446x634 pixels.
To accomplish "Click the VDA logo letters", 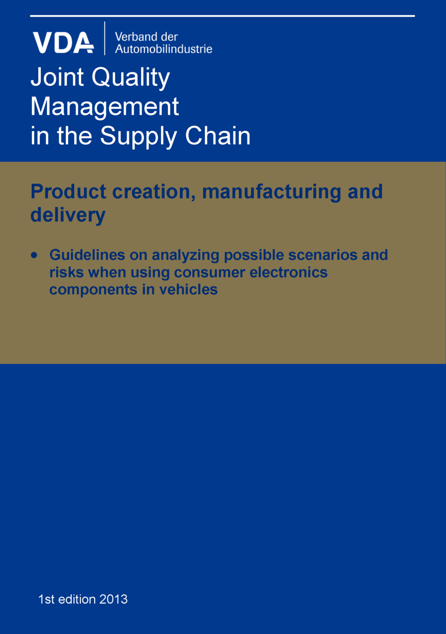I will [63, 42].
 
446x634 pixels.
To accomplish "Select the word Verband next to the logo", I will [135, 37].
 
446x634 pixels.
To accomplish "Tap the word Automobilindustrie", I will [164, 49].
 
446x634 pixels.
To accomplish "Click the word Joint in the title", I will [57, 77].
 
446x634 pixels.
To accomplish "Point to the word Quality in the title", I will [131, 78].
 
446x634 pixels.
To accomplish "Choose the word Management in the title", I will [105, 107].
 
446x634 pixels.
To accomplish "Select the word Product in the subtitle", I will [68, 192].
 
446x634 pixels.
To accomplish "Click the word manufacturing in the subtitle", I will [272, 192].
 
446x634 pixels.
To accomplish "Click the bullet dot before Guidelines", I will [34, 255].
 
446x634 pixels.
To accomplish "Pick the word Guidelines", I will [87, 255].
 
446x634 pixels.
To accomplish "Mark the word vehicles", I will [188, 289].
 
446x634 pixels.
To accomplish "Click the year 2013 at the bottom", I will [113, 599].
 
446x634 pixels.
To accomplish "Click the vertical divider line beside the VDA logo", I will [105, 38].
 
